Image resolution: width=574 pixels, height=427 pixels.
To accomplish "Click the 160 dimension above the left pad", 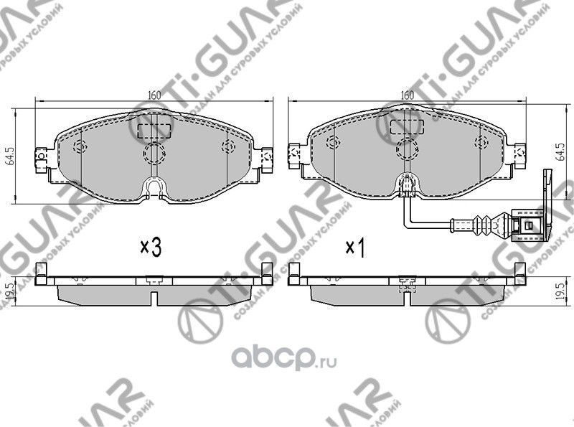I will tap(154, 94).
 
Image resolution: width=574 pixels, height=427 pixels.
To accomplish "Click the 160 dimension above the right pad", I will tap(407, 94).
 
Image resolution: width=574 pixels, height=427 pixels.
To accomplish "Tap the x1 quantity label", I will tap(356, 248).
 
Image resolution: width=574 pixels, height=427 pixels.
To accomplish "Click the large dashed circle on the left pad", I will tap(154, 151).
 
